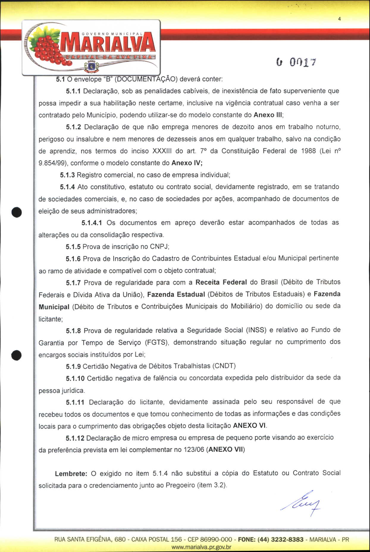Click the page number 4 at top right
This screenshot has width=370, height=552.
339,19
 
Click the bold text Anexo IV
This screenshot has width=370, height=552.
187,163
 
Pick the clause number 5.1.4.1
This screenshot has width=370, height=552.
92,223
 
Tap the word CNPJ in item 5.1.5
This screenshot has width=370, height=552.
159,247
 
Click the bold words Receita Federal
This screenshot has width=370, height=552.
221,282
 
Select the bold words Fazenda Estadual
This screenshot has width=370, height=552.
176,294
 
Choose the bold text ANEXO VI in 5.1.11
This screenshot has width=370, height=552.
249,426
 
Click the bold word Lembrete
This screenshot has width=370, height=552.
71,473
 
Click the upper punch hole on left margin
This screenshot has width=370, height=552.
17,212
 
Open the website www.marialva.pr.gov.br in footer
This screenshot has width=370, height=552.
201,547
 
